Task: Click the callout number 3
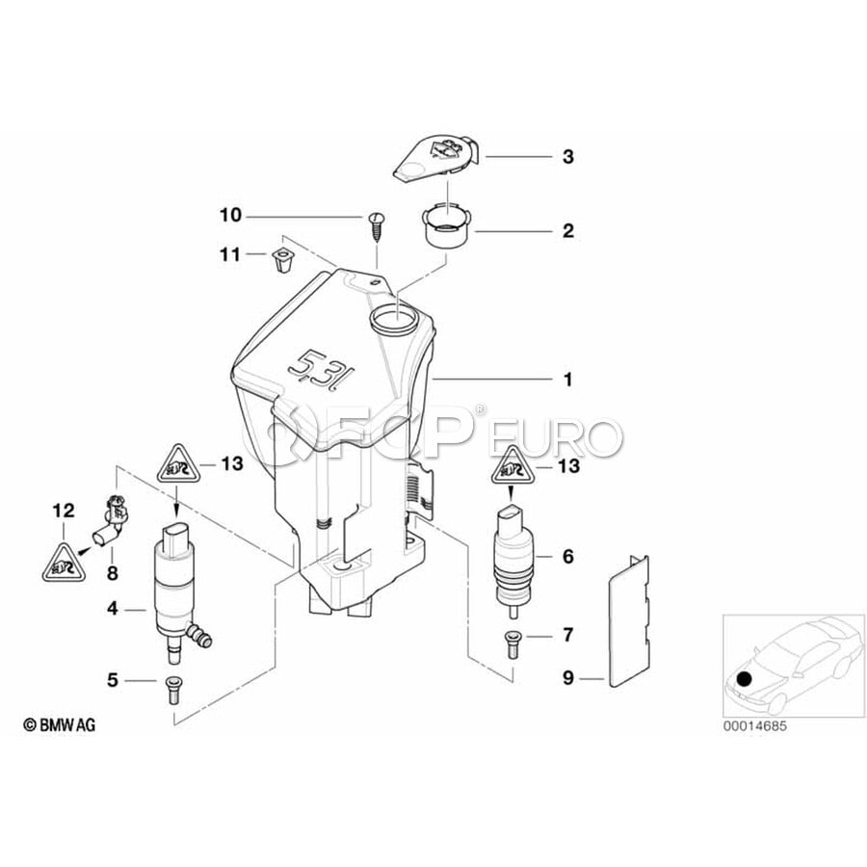coord(567,156)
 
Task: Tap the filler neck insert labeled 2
coord(446,228)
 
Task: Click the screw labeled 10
coord(376,226)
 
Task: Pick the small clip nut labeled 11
coord(282,260)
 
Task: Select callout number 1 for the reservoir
coord(567,380)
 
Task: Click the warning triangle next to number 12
coord(65,563)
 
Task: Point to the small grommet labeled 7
coord(512,644)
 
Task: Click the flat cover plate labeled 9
coord(629,621)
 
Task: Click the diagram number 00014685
coord(754,726)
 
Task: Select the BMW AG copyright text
coord(59,724)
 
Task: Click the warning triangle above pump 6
coord(512,466)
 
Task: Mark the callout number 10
coord(230,215)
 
